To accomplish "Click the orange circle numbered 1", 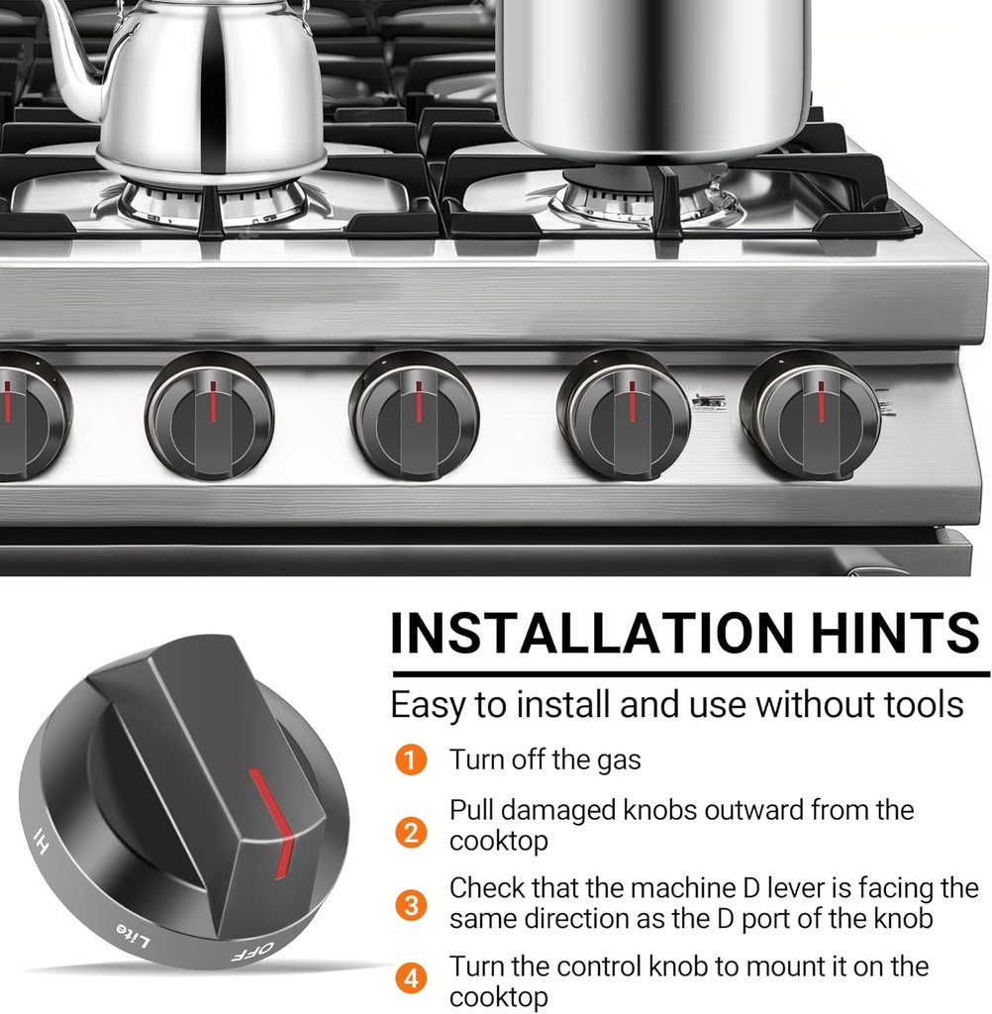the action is [x=411, y=760].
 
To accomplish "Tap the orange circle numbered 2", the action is [x=411, y=832].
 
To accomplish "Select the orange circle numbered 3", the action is [x=411, y=905].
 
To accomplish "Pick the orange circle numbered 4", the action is [x=411, y=978].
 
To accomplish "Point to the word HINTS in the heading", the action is [x=896, y=632].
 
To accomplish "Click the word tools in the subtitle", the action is [x=925, y=704].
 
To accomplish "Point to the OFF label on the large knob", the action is [x=252, y=952].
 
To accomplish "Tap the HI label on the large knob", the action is [x=41, y=842].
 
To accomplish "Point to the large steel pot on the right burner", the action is [x=653, y=77].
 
